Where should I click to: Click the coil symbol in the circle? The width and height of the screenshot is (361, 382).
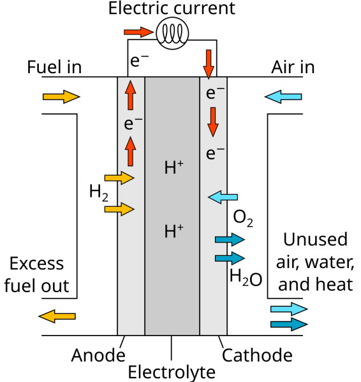[173, 33]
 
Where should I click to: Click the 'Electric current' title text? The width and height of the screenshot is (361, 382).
[172, 8]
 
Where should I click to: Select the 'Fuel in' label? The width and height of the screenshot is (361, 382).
[54, 67]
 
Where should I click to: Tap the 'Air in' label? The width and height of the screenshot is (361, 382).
[293, 67]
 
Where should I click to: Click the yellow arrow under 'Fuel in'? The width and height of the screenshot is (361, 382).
[61, 97]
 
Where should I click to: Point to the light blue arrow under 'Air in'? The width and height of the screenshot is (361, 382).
[283, 97]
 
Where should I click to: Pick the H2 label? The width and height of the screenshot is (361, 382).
[99, 193]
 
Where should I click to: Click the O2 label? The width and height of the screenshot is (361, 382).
[243, 218]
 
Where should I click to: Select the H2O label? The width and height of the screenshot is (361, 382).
[246, 278]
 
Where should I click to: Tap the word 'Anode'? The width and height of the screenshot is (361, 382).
[98, 355]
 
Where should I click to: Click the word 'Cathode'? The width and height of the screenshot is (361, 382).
[257, 355]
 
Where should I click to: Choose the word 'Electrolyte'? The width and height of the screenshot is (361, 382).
[172, 372]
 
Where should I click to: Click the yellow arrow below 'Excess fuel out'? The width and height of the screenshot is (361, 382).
[57, 316]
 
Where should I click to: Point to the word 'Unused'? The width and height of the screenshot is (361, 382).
[315, 239]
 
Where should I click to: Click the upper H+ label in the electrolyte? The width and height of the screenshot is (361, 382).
[173, 167]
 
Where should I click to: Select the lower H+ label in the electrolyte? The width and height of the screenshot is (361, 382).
[173, 230]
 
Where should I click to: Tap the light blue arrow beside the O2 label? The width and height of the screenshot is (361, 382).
[223, 197]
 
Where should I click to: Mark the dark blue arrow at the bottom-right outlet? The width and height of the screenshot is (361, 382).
[289, 324]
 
